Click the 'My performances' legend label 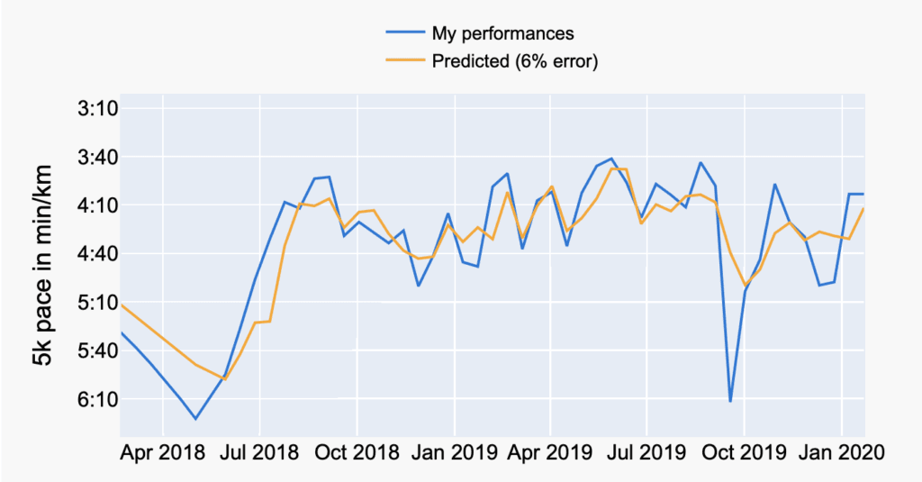pyautogui.click(x=502, y=33)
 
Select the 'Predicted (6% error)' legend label pyautogui.click(x=515, y=61)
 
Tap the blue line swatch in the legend pyautogui.click(x=404, y=33)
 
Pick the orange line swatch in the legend pyautogui.click(x=404, y=61)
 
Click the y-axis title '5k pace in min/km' pyautogui.click(x=41, y=264)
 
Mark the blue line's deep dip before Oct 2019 pyautogui.click(x=730, y=401)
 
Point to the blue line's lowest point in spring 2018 pyautogui.click(x=195, y=419)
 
